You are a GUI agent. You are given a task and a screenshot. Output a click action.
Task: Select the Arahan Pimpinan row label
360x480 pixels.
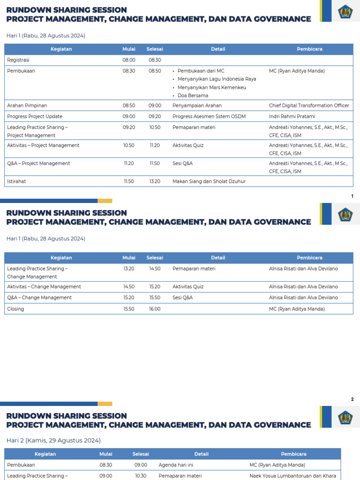pos(27,105)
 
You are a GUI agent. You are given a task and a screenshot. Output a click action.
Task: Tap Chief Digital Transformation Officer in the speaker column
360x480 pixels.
pos(309,105)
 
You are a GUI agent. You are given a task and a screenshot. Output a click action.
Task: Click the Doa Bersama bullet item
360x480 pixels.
pos(193,96)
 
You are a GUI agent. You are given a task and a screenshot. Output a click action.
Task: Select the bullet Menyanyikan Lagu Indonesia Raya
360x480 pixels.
pos(217,79)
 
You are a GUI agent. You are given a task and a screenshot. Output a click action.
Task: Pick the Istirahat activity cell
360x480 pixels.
pos(16,181)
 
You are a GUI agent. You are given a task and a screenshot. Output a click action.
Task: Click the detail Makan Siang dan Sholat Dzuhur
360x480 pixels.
pos(209,181)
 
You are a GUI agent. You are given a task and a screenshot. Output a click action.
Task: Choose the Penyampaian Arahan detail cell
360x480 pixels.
pos(197,105)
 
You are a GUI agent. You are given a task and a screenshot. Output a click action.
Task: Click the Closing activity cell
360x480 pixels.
pos(15,309)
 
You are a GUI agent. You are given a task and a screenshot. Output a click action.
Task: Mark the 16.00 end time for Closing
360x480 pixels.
pos(154,309)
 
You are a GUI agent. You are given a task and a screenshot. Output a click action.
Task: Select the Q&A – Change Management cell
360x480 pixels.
pos(39,298)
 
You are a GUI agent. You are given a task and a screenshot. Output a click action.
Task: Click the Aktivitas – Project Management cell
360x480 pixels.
pos(43,145)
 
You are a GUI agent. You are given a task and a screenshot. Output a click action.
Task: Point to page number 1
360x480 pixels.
pos(352,196)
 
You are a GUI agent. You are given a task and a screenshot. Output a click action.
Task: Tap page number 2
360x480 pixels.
pos(352,399)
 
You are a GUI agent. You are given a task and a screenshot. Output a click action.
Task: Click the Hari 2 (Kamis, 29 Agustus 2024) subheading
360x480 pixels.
pos(53,441)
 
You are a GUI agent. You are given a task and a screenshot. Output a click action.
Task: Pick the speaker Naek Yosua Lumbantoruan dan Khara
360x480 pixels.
pos(292,476)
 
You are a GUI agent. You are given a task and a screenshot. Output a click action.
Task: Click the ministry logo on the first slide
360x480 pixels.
pos(345,11)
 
